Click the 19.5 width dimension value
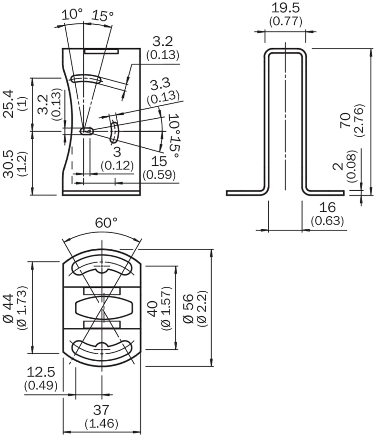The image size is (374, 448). pyautogui.click(x=285, y=8)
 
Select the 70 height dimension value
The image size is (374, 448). pyautogui.click(x=346, y=120)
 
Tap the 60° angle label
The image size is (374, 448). pyautogui.click(x=106, y=223)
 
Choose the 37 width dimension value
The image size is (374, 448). pyautogui.click(x=101, y=409)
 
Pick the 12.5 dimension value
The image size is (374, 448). pyautogui.click(x=41, y=371)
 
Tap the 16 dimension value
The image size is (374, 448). pyautogui.click(x=327, y=207)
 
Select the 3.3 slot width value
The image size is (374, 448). pyautogui.click(x=160, y=84)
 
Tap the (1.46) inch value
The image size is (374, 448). pyautogui.click(x=101, y=423)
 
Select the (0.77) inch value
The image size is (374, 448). pyautogui.click(x=285, y=21)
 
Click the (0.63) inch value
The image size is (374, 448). pyautogui.click(x=327, y=221)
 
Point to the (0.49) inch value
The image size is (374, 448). pyautogui.click(x=41, y=385)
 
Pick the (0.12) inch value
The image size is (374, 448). pyautogui.click(x=117, y=165)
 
